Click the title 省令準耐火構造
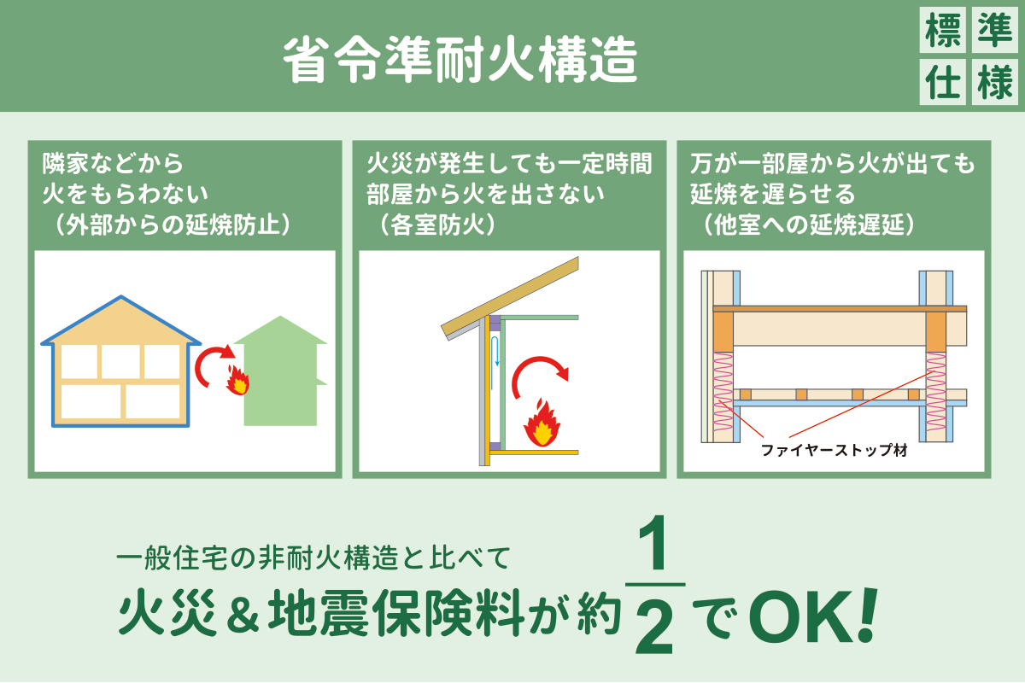[460, 60]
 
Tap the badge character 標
[943, 30]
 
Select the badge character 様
[995, 82]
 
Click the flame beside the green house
[238, 380]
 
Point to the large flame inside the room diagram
[542, 423]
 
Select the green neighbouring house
[280, 371]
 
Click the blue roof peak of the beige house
[120, 297]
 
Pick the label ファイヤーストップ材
[834, 451]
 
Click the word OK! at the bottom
[813, 616]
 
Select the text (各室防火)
[437, 225]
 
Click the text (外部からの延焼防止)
[173, 225]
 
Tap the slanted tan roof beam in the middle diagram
[510, 297]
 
